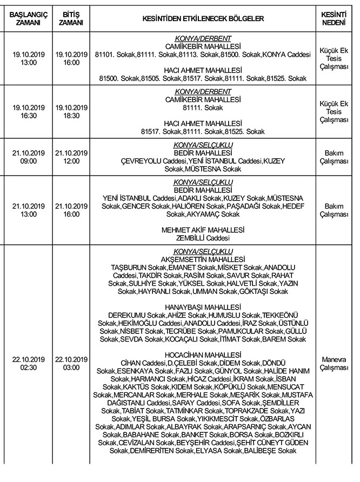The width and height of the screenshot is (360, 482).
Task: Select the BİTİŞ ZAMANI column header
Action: point(71,18)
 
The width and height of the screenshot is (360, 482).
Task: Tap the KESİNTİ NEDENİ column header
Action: point(334,18)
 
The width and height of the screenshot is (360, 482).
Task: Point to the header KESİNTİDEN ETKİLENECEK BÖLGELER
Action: point(203,18)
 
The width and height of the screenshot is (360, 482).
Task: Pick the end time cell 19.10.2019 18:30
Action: point(71,112)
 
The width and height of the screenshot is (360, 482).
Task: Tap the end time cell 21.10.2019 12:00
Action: point(71,157)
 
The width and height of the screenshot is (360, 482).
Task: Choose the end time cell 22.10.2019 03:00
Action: point(71,364)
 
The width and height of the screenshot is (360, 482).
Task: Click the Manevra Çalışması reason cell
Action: point(334,364)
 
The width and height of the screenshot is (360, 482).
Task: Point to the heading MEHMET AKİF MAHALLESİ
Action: point(203,230)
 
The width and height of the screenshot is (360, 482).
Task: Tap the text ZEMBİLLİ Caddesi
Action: point(203,238)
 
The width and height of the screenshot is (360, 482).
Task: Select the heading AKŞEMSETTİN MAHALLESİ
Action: point(203,259)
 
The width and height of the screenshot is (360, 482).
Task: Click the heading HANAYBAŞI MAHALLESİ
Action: point(203,307)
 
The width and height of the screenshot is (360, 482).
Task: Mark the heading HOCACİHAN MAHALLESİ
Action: point(203,354)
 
